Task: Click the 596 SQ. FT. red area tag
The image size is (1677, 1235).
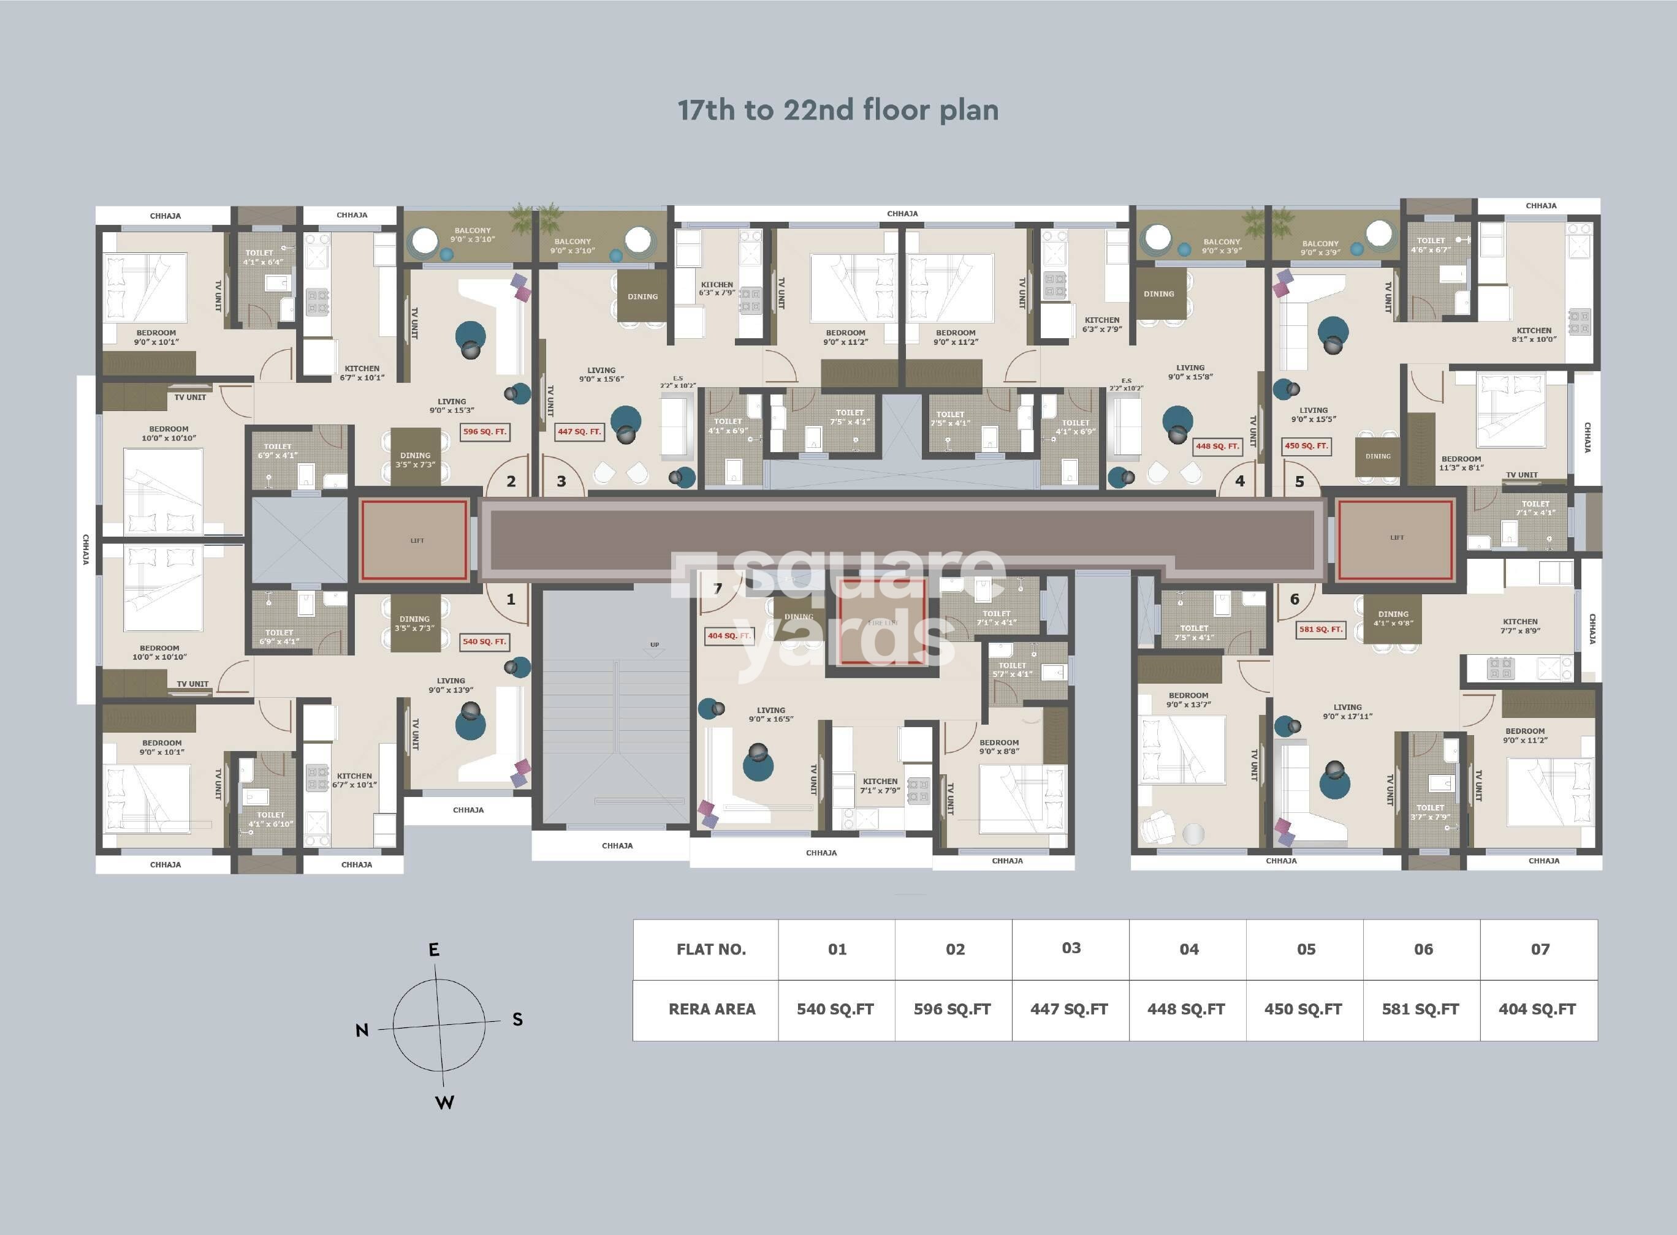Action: [485, 431]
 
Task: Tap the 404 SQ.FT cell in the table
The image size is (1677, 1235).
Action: [1537, 1009]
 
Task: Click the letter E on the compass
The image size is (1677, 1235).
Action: [434, 950]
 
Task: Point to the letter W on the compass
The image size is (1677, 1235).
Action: [445, 1103]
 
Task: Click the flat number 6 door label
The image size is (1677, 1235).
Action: [1295, 599]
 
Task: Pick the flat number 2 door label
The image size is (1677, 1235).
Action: [511, 482]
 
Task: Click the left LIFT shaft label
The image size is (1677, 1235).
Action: [417, 540]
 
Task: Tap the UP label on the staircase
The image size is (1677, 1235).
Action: [655, 644]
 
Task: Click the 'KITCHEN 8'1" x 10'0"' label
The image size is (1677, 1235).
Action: [1534, 334]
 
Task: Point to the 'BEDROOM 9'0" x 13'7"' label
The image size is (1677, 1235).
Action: [1188, 700]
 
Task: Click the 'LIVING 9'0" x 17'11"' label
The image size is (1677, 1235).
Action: [1347, 712]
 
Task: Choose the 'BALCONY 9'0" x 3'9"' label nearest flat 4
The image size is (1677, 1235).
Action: [1222, 246]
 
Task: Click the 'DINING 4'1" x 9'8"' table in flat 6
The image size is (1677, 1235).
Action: [1393, 618]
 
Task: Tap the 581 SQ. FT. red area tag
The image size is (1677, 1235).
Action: [1321, 630]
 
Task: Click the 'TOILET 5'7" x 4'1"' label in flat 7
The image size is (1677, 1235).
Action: [1012, 669]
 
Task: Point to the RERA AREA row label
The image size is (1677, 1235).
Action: [712, 1009]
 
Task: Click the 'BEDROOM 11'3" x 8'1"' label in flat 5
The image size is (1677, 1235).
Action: [1461, 463]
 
